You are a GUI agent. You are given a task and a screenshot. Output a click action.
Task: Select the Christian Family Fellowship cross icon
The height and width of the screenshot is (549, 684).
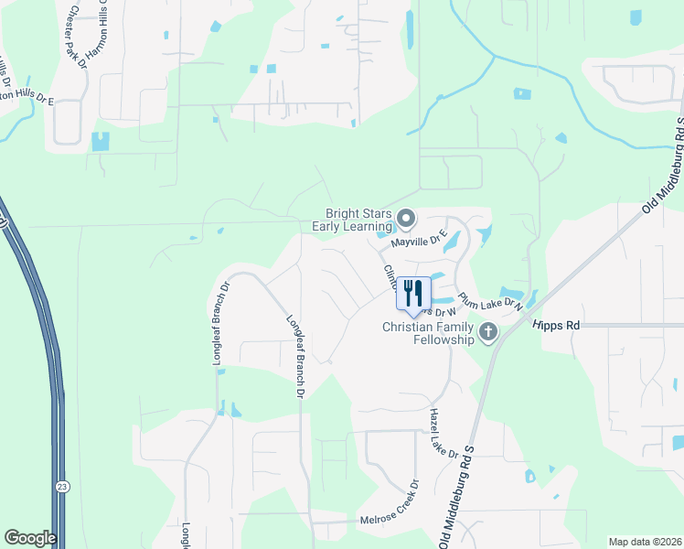tap(488, 332)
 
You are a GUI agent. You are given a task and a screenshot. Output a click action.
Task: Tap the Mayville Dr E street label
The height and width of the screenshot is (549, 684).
tap(418, 242)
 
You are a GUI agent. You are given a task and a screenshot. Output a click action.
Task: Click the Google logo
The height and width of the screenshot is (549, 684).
tap(30, 538)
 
